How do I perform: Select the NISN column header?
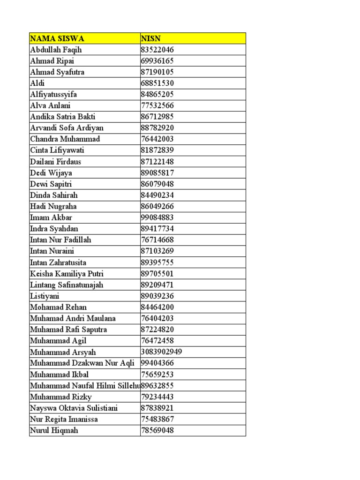coord(151,38)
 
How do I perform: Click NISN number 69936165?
coord(157,61)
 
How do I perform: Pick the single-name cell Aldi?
coord(37,83)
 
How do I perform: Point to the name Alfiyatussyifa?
coord(53,94)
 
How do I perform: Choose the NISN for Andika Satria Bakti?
coord(157,117)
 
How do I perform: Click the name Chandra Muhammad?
coord(65,139)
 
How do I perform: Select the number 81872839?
coord(157,150)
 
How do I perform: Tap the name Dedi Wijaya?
coord(51,173)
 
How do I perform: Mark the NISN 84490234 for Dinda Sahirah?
coord(157,195)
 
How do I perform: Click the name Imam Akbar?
coord(51,217)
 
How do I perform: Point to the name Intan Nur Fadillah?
coord(60,240)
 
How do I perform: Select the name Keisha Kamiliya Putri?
coord(67,274)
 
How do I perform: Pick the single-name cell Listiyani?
coord(45,296)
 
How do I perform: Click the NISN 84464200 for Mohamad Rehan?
coord(157,307)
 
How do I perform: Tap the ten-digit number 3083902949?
coord(161,352)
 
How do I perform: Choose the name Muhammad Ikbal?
coord(59,375)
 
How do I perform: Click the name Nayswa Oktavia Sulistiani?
coord(74,408)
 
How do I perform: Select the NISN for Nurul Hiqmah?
coord(157,430)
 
